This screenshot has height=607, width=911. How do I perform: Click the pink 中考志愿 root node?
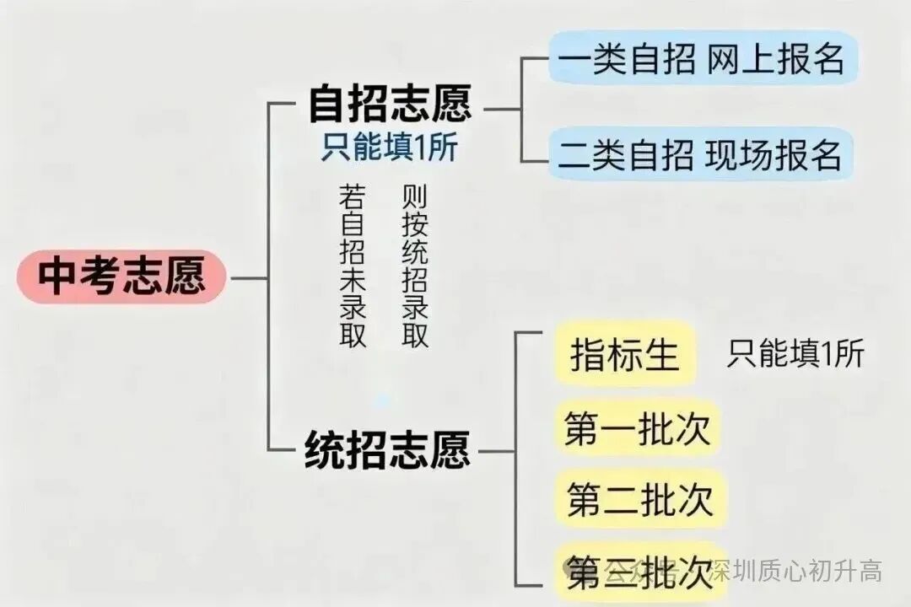(x=121, y=277)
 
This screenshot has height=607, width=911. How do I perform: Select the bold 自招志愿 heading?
(x=389, y=105)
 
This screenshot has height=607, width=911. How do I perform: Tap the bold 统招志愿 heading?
(x=386, y=449)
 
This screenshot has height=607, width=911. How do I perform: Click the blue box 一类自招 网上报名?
(x=702, y=58)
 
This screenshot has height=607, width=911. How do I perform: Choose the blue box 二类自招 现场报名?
(x=700, y=154)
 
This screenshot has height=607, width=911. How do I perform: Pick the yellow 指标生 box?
(x=625, y=354)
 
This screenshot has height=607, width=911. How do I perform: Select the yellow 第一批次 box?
(x=639, y=429)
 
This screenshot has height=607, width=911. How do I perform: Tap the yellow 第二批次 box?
(x=639, y=499)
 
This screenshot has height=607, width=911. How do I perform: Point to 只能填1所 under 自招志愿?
(x=389, y=148)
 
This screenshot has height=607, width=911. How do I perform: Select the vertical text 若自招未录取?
(x=352, y=266)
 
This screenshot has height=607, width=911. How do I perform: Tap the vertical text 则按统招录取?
(x=415, y=266)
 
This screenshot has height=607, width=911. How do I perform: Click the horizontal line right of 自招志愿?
(x=504, y=108)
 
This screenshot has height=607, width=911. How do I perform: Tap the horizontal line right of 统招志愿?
(x=494, y=451)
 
